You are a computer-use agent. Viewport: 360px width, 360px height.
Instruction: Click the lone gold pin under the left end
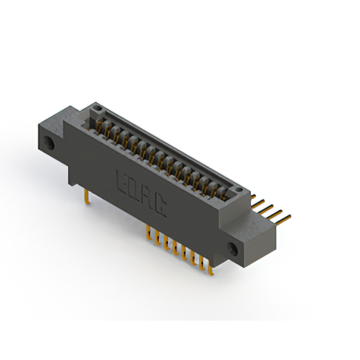(x=85, y=196)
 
